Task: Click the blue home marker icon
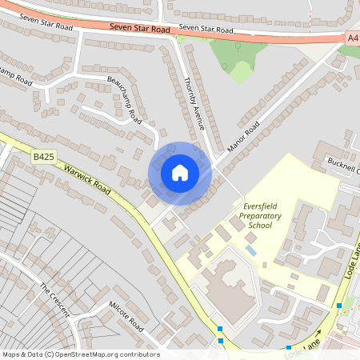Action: [180, 173]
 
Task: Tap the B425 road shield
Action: [44, 158]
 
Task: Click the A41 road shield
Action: [353, 37]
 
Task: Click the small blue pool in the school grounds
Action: [251, 251]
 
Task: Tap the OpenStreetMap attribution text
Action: [80, 354]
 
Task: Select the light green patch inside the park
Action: [241, 72]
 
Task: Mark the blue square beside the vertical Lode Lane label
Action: [340, 306]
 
